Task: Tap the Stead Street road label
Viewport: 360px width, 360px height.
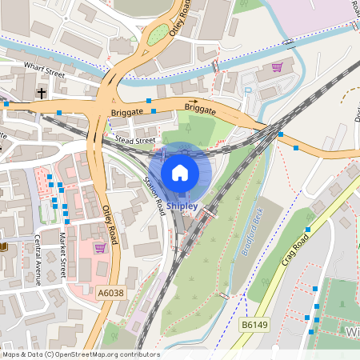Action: (134, 140)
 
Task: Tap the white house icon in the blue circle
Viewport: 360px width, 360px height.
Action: (180, 172)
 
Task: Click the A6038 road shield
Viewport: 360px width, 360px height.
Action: (111, 294)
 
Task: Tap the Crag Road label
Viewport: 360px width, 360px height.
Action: (296, 247)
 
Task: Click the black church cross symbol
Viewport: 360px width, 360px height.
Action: (41, 94)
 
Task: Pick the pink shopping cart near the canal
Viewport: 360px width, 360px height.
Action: (278, 67)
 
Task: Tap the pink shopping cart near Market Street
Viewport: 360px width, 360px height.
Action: (100, 248)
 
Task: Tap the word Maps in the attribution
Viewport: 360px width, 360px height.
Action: (11, 354)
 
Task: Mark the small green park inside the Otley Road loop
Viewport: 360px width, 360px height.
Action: (158, 37)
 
